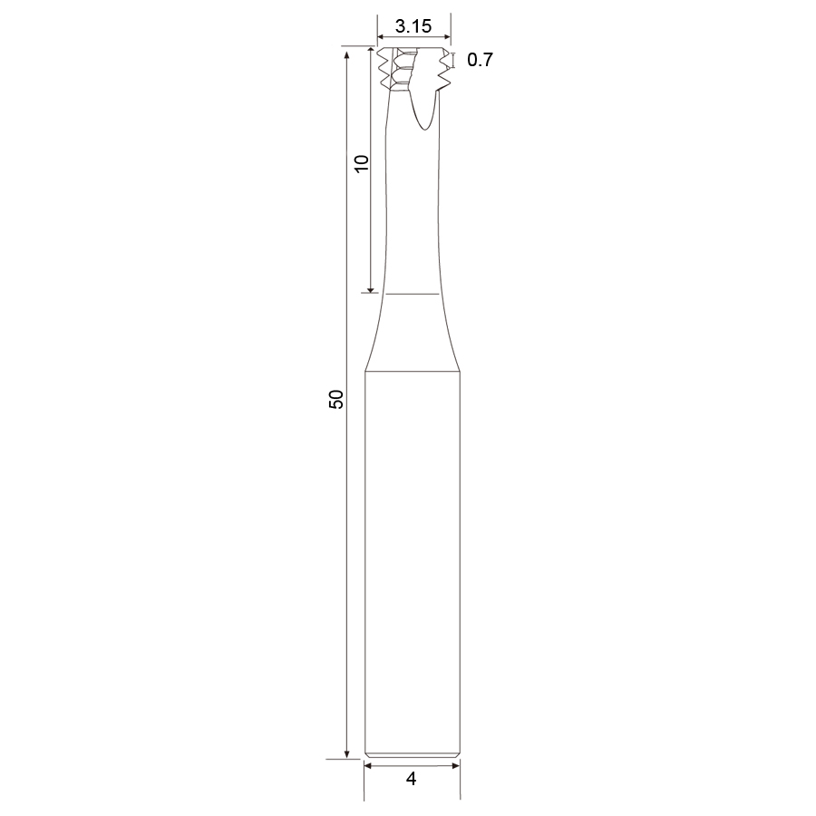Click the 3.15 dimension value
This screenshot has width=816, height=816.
[413, 26]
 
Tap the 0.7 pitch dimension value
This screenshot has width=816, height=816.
[480, 60]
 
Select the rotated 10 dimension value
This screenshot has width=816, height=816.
[361, 163]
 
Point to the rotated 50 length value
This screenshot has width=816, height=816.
[336, 399]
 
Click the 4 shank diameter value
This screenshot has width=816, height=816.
[411, 779]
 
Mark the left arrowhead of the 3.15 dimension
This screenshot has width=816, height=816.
[381, 36]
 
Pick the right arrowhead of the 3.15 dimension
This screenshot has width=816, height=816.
[447, 36]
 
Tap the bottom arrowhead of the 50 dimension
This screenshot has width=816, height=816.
[346, 754]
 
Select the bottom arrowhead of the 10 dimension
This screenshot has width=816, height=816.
[371, 288]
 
